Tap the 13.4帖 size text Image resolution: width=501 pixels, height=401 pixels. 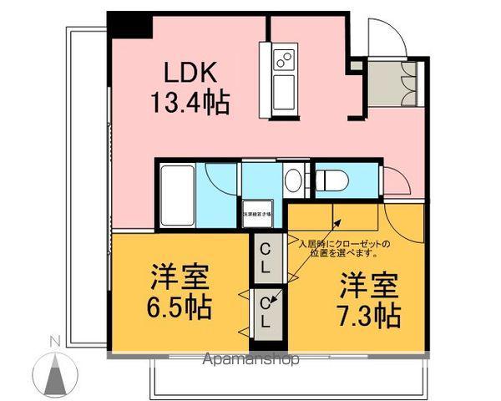coord(190,104)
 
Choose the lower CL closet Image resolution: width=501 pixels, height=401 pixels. coord(265,310)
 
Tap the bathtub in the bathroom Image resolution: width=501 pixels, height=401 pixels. coord(175,192)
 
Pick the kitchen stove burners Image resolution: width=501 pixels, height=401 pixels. coord(284,59)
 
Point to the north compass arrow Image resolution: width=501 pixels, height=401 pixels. coord(55,371)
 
